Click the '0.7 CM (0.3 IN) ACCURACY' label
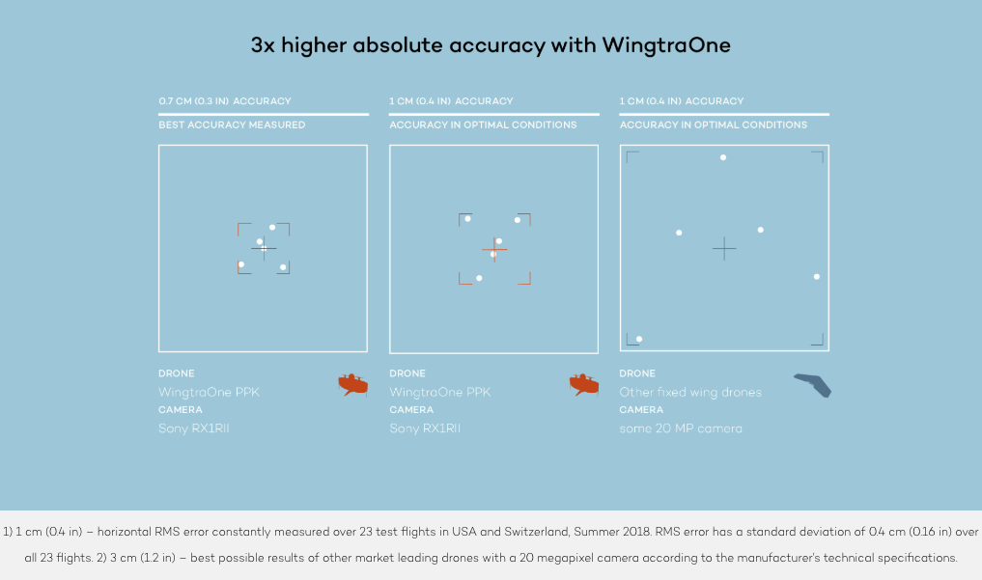tap(224, 101)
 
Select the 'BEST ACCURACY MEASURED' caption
tap(232, 124)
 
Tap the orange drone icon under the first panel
tap(352, 385)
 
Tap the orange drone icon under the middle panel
tap(583, 385)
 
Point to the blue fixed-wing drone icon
tap(813, 385)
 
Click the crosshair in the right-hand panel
tap(724, 249)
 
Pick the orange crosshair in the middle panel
tap(494, 250)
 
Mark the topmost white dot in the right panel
tap(723, 157)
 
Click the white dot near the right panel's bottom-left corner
tap(639, 339)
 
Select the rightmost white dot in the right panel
tap(817, 277)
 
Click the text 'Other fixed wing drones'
tap(690, 393)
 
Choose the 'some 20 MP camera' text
tap(681, 428)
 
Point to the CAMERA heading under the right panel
tap(640, 410)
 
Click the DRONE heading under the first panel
tap(177, 373)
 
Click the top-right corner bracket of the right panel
tap(818, 155)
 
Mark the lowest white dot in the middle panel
tap(479, 278)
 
